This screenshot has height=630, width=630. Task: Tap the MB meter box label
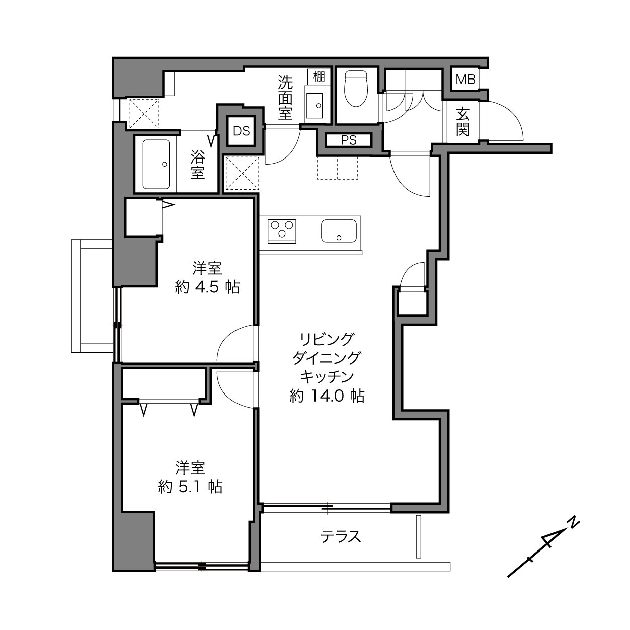pos(465,79)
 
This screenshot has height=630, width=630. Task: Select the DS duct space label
pos(241,131)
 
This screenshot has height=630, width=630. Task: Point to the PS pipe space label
pos(349,140)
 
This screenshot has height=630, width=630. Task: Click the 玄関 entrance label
pos(463,122)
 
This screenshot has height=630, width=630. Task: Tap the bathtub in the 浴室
pos(156,165)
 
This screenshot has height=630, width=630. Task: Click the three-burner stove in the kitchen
pos(282,231)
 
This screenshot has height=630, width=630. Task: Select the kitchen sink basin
pos(339,231)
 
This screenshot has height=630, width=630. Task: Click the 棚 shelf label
pos(319,77)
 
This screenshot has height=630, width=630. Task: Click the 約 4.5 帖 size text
pos(207,287)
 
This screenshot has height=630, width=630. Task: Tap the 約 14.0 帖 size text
pos(327,396)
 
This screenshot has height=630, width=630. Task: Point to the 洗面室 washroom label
pos(285,98)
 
